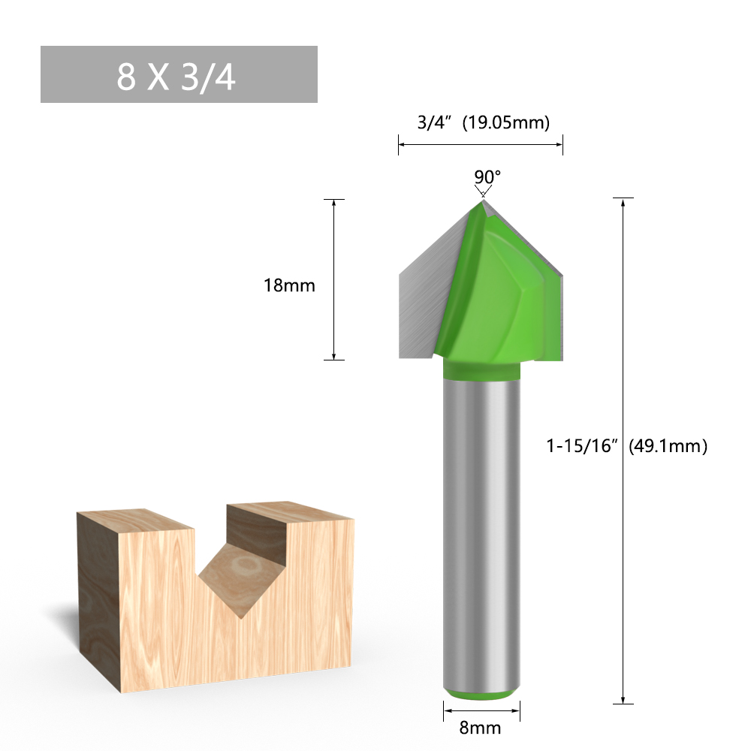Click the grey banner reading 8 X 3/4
pyautogui.click(x=179, y=74)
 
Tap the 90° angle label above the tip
pyautogui.click(x=487, y=176)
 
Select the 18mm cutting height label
pyautogui.click(x=289, y=285)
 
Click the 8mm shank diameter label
pyautogui.click(x=480, y=728)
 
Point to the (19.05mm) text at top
pyautogui.click(x=505, y=122)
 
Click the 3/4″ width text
pyautogui.click(x=434, y=122)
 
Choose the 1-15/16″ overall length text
pyautogui.click(x=580, y=446)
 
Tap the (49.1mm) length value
pyautogui.click(x=668, y=446)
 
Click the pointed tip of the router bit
pyautogui.click(x=482, y=201)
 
